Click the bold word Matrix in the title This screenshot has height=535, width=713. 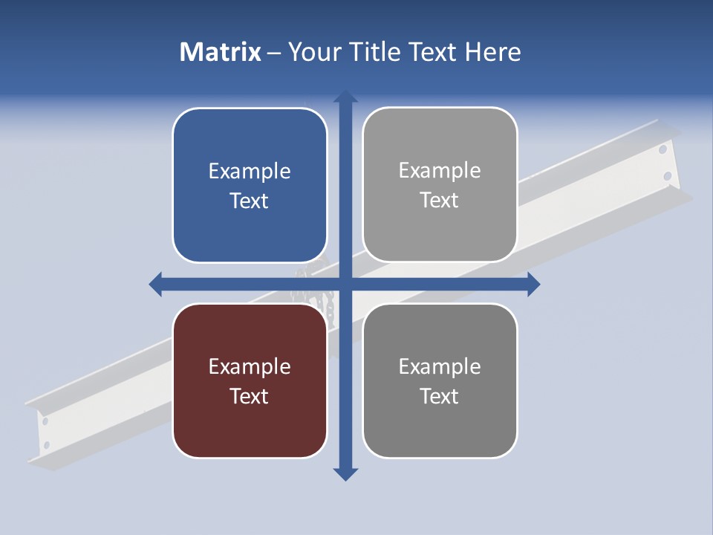tap(221, 52)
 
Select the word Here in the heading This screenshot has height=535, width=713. tap(493, 52)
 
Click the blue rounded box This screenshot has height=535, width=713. tap(250, 185)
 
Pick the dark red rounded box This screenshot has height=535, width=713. tap(250, 380)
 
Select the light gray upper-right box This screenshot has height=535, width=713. tap(440, 185)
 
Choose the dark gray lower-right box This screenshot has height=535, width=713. tap(440, 380)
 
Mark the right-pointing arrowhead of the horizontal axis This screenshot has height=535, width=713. tap(533, 284)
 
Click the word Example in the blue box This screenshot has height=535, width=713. tap(250, 172)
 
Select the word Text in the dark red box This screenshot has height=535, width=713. tap(250, 396)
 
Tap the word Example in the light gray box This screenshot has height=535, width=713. tap(440, 171)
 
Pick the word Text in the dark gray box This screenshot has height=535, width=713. tap(440, 396)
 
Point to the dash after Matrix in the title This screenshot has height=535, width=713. tap(274, 53)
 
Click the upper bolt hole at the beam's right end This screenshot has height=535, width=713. tap(662, 150)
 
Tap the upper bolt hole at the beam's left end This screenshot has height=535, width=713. tap(45, 421)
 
